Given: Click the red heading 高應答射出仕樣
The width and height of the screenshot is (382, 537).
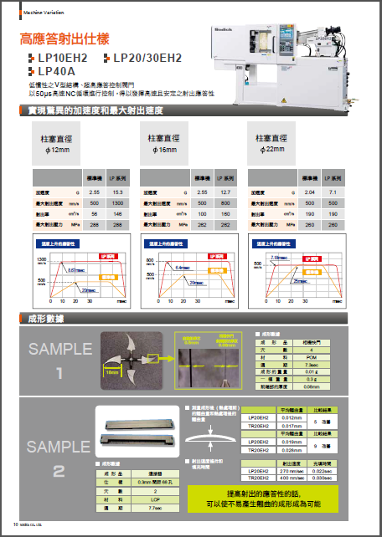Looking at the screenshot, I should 72,39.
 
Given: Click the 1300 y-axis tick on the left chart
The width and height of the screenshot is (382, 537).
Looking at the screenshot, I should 39,262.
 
